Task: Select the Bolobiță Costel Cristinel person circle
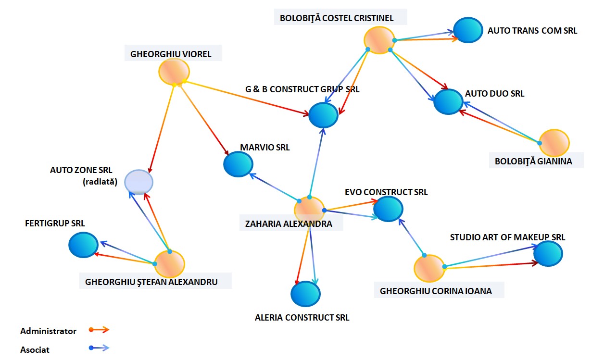coord(379,40)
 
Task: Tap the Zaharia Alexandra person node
coord(309,210)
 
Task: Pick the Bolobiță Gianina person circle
coord(554,142)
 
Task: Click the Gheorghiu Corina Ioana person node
coord(429,268)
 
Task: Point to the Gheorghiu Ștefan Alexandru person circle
coord(169,263)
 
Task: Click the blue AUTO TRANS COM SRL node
coord(469,30)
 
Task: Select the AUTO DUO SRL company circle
coord(449,101)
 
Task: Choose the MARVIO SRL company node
coord(238,164)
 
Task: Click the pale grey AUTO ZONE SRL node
coord(139,182)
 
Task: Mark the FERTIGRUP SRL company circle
coord(83,245)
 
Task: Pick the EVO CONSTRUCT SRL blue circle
coord(388,209)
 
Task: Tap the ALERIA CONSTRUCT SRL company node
coord(305,293)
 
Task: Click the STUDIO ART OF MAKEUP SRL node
coord(548,253)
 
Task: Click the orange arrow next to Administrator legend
coord(100,330)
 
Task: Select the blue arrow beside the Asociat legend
coord(100,348)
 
